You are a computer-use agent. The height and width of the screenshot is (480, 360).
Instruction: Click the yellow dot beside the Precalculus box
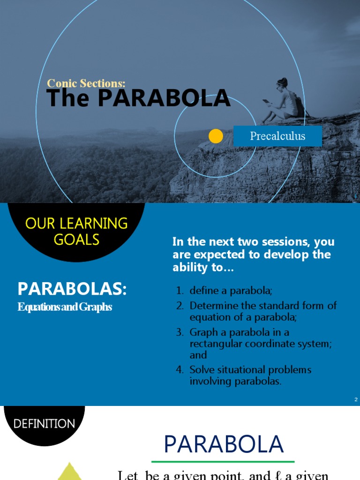pos(216,136)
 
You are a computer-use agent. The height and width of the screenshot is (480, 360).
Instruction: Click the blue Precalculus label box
pos(277,136)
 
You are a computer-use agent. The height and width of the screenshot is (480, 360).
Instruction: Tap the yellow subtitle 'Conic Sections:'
pos(86,83)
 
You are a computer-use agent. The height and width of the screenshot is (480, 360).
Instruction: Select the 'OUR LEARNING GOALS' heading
pos(76,231)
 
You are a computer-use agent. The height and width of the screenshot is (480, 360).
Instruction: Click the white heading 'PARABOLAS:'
pos(72,289)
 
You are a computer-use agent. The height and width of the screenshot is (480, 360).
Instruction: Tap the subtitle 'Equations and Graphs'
pos(65,307)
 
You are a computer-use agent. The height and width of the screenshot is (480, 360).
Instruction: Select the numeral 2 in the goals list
pos(180,306)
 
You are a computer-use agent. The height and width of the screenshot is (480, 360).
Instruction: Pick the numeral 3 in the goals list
pos(180,332)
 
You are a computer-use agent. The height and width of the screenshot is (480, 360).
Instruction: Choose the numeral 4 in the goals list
pos(180,370)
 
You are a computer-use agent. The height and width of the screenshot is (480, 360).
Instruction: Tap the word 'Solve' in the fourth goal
pos(201,370)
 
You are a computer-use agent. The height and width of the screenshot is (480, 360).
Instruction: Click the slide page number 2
pos(356,399)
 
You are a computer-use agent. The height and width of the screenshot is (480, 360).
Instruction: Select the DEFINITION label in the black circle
pos(44,424)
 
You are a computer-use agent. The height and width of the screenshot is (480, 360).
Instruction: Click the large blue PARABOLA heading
pos(224,444)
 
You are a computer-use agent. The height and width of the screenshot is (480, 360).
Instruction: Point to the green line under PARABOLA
pos(223,462)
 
